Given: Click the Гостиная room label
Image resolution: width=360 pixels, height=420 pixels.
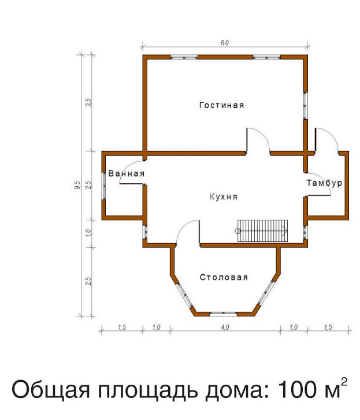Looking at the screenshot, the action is [222, 105].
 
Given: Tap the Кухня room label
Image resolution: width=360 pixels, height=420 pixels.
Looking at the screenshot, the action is [224, 197].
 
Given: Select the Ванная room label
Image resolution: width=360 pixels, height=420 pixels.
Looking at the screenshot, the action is [127, 174].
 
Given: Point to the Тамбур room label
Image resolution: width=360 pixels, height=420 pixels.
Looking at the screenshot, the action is [324, 183].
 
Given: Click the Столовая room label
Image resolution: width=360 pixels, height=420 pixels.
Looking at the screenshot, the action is [224, 277].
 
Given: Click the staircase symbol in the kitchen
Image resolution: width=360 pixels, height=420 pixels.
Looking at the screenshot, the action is [262, 231].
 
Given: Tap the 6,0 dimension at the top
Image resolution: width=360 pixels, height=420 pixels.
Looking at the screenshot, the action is [225, 43].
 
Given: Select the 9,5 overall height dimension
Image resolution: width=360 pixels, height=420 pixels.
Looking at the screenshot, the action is [77, 185].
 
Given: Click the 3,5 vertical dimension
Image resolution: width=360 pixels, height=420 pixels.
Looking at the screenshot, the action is [88, 102].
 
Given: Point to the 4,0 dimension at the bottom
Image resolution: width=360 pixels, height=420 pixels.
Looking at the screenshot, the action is [225, 327].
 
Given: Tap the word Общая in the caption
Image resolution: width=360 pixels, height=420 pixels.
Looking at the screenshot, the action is [51, 390].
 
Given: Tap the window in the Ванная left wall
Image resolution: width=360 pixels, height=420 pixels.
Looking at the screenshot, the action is [103, 186].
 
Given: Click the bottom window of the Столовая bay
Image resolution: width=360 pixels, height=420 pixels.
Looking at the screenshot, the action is [223, 314].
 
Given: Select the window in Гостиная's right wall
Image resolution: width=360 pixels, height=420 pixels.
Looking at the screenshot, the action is [305, 106].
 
